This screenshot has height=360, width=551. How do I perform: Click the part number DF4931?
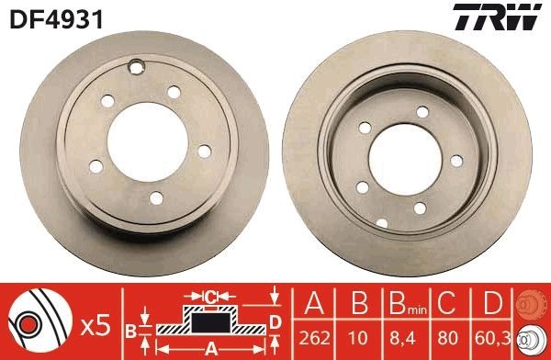pyautogui.click(x=42, y=17)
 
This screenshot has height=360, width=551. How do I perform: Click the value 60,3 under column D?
pyautogui.click(x=491, y=337)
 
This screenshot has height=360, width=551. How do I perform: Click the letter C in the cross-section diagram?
pyautogui.click(x=210, y=297)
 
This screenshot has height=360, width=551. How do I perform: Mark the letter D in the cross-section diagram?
pyautogui.click(x=275, y=321)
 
